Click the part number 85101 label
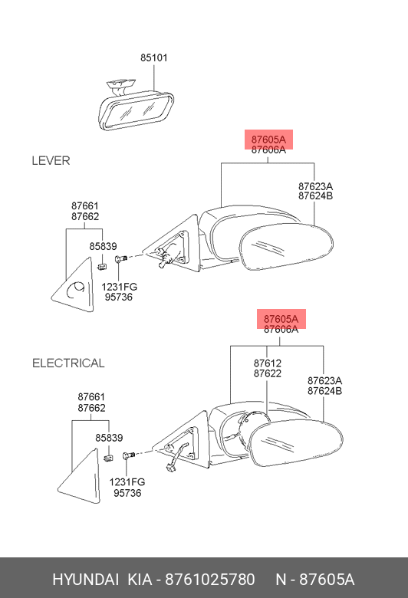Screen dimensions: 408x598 pos(154,58)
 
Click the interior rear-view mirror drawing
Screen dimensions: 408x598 pos(136,106)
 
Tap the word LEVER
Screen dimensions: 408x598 pos(51,160)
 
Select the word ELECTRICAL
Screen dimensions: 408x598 pos(68,363)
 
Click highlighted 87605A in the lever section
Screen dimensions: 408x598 pos(268,140)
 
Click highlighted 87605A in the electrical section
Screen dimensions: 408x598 pos(281,319)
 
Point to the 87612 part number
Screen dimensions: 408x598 pos(267,363)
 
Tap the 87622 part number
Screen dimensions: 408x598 pos(267,373)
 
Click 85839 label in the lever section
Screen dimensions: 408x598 pos(103,246)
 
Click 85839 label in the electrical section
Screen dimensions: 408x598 pos(109,438)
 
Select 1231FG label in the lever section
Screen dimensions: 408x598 pos(119,287)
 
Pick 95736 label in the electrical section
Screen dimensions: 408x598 pos(127,493)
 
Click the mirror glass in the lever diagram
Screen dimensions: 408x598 pos(286,247)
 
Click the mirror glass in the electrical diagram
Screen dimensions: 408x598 pos(296,443)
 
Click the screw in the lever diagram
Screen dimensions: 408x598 pos(120,259)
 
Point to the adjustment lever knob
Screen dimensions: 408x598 pos(164,262)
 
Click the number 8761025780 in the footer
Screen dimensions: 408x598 pos(209,580)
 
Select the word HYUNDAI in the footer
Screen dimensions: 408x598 pos(85,580)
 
